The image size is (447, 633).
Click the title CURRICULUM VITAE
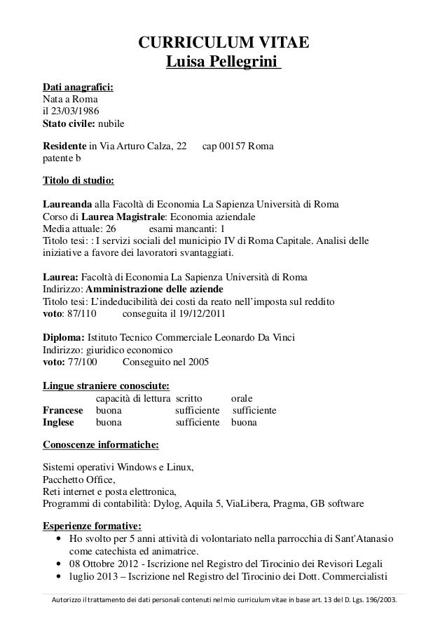(x=223, y=46)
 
